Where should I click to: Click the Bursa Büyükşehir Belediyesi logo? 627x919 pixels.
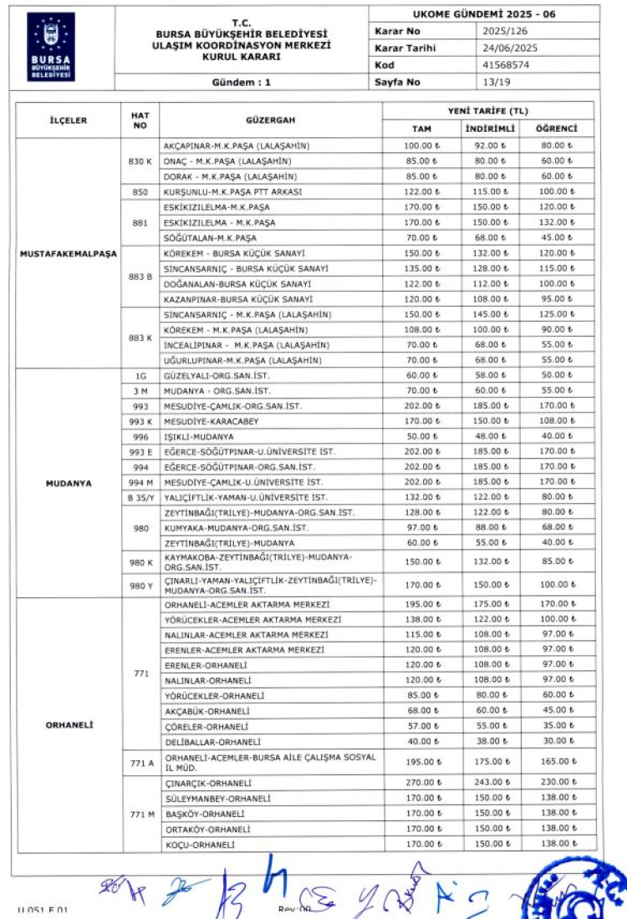[x=51, y=46]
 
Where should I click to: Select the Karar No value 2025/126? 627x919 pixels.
[x=506, y=30]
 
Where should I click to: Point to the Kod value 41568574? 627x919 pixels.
[x=506, y=64]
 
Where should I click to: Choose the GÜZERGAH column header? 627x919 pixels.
[x=270, y=120]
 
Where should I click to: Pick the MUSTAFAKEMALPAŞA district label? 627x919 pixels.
[x=69, y=253]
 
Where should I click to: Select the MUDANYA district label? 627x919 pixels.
[x=69, y=483]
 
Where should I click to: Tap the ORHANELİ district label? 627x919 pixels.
[x=69, y=724]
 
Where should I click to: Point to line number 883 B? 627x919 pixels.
[x=140, y=276]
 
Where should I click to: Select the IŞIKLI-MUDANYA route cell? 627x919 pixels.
[x=199, y=436]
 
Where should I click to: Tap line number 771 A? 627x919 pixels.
[x=140, y=761]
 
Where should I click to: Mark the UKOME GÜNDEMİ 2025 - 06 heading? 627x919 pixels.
[x=484, y=14]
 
